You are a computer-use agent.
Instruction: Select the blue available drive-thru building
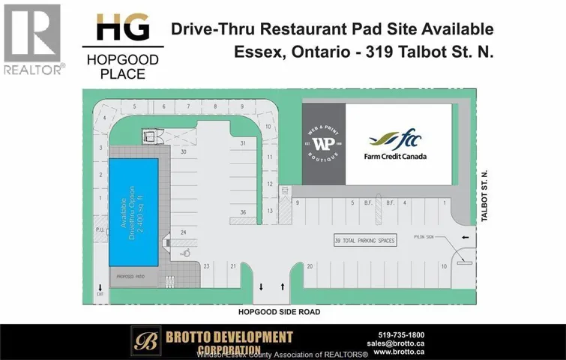pyautogui.click(x=133, y=212)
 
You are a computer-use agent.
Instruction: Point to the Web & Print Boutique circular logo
pyautogui.click(x=323, y=143)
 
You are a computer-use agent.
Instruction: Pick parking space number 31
pyautogui.click(x=243, y=142)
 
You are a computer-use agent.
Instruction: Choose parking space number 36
pyautogui.click(x=243, y=212)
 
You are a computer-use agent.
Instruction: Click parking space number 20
pyautogui.click(x=309, y=265)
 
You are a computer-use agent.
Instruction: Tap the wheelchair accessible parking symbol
pyautogui.click(x=187, y=253)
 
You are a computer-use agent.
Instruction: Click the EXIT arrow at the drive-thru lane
pyautogui.click(x=99, y=288)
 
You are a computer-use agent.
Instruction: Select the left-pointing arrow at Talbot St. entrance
pyautogui.click(x=466, y=238)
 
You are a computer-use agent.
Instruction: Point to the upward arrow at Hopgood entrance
pyautogui.click(x=282, y=287)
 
